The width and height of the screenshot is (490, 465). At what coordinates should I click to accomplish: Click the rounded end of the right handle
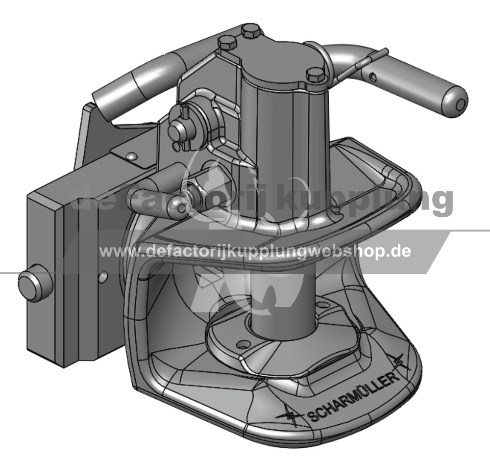coord(457,101)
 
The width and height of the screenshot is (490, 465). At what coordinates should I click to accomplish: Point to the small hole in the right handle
coord(372,76)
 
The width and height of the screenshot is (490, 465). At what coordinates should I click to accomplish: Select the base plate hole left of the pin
coord(241,345)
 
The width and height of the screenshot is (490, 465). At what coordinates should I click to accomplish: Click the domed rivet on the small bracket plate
coord(131,155)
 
